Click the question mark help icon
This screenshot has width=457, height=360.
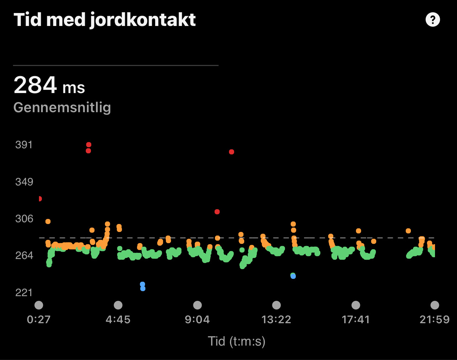tap(432, 19)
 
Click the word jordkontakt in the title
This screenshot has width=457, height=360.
tap(142, 20)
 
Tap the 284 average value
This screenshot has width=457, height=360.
tap(35, 85)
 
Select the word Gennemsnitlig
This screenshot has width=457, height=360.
tap(62, 107)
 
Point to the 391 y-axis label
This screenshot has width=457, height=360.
tap(24, 145)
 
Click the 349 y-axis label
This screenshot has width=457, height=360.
tap(24, 182)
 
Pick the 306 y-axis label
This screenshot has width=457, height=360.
tap(24, 219)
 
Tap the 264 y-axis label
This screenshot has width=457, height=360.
tap(24, 256)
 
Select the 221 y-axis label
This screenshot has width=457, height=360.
tap(24, 293)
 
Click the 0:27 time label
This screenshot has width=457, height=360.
tap(39, 320)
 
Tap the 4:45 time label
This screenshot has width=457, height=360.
tap(118, 320)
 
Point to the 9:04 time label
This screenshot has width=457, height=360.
tap(197, 320)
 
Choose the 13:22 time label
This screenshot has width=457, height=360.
tap(276, 320)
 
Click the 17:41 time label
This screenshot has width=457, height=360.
tap(356, 320)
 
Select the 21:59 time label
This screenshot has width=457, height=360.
tap(434, 320)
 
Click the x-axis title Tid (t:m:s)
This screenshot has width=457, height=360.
tap(237, 341)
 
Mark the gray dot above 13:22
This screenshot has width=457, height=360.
tap(276, 305)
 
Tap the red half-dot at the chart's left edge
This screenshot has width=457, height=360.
tap(40, 199)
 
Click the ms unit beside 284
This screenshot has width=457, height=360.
tap(74, 88)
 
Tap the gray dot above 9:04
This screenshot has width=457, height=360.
tap(197, 305)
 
